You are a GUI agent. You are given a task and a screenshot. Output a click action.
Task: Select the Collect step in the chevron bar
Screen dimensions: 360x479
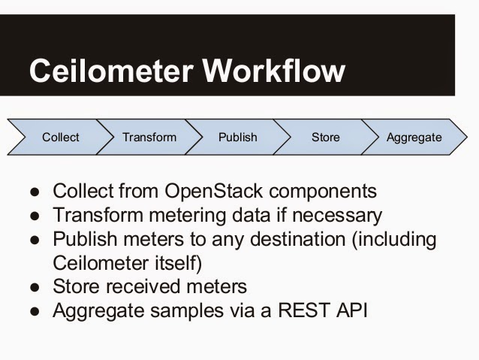tap(60, 138)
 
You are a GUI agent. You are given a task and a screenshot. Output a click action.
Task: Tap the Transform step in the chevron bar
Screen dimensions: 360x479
tap(149, 138)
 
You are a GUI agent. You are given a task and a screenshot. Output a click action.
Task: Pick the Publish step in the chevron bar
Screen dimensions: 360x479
tap(237, 138)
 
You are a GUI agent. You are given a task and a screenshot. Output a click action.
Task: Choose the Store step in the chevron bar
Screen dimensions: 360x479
tap(325, 138)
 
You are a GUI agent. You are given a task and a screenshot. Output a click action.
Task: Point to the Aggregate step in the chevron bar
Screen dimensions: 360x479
tap(414, 138)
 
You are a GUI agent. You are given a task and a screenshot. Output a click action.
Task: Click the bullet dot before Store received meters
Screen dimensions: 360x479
tap(35, 287)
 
